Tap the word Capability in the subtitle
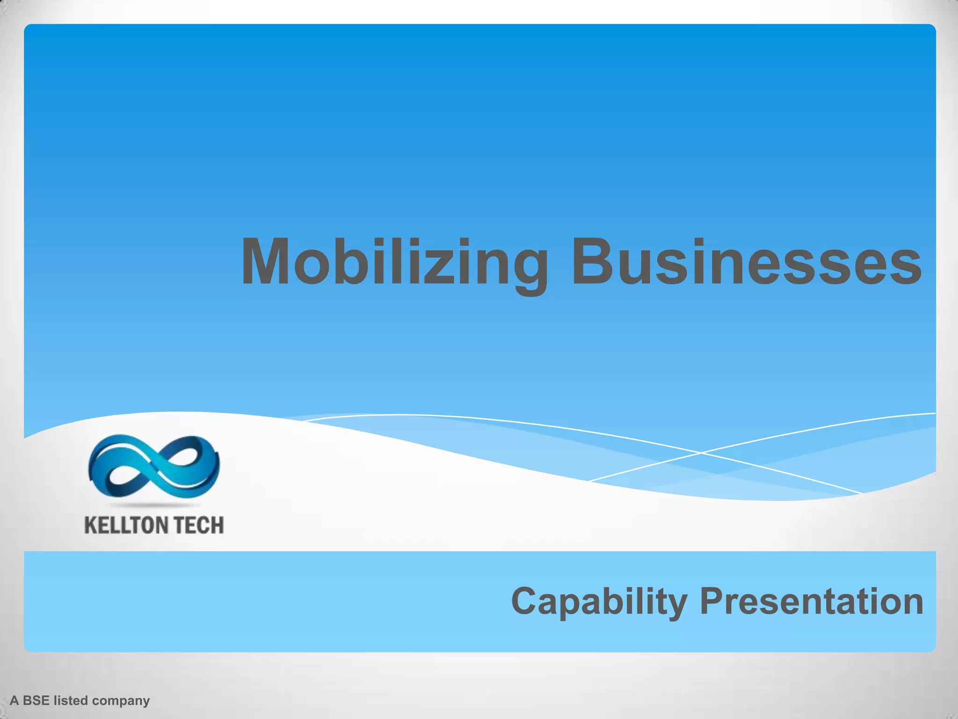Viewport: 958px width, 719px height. (x=599, y=602)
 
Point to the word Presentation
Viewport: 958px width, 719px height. (x=811, y=602)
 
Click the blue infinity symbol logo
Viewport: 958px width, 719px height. (x=153, y=466)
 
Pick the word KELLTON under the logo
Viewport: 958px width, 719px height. (x=119, y=525)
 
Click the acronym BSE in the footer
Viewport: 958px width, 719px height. (x=36, y=701)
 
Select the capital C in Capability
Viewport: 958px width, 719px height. (x=525, y=602)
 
